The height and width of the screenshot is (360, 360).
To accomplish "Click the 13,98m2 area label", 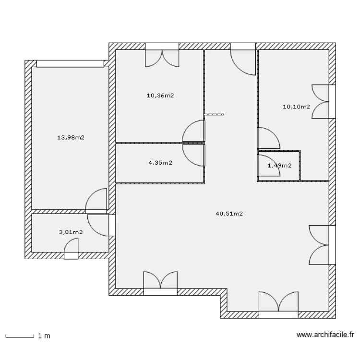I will [71, 138].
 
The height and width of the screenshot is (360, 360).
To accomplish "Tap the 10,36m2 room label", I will [160, 96].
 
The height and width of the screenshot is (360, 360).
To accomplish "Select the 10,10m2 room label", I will [296, 107].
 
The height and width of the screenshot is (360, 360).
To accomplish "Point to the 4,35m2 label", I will [160, 163].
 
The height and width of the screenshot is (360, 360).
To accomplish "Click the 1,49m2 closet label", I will [279, 166].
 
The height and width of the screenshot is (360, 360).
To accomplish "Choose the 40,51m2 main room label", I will [229, 214].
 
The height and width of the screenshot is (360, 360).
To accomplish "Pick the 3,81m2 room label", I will [71, 232].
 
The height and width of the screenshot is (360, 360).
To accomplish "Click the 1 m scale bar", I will [20, 336].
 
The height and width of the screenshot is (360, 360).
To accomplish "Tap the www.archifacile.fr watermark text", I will [325, 336].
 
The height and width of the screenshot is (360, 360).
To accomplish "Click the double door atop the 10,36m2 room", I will [162, 57].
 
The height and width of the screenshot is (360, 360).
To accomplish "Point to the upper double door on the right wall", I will [322, 101].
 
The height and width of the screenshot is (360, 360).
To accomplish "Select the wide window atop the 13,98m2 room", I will [70, 63].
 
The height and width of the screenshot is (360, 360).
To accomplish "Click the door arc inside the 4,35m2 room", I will [197, 155].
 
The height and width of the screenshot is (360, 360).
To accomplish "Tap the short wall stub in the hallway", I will [214, 114].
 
